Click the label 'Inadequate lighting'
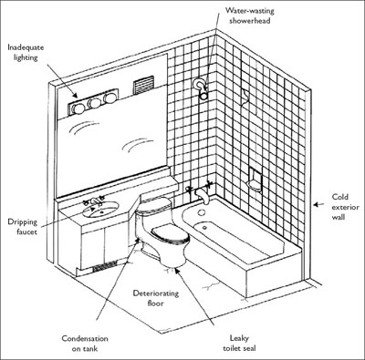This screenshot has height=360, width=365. coord(26,52)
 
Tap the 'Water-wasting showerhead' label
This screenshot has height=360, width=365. coord(250,15)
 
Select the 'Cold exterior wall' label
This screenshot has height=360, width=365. coord(345,207)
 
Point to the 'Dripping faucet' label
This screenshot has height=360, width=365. coord(23,227)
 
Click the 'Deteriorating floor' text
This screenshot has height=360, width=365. coord(156,298)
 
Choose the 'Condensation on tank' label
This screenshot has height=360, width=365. coord(85,344)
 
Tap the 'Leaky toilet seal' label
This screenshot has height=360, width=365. coord(239,343)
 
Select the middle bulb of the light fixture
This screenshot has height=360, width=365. coord(95,103)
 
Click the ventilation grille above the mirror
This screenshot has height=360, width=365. coord(142,86)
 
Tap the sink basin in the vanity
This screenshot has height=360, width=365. coord(100,210)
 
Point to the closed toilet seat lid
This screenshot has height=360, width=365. coord(169,232)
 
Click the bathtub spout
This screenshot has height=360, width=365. coord(203,196)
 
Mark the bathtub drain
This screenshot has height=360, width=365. coord(204,227)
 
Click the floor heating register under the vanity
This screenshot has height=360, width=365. coord(105,265)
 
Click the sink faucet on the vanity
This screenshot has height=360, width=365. coord(94,201)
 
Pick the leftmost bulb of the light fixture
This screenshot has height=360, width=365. coord(78,108)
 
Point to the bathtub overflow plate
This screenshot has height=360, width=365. coord(201,212)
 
